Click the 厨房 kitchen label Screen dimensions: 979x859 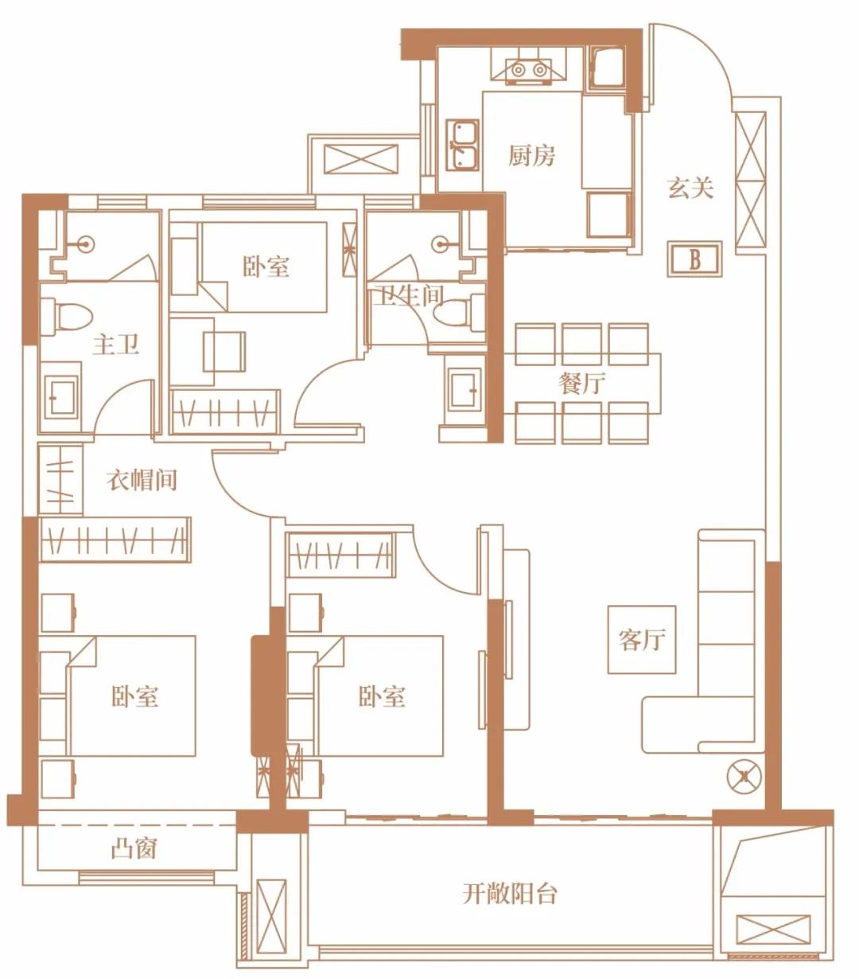(531, 156)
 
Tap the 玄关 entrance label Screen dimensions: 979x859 (690, 188)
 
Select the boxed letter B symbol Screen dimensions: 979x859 (694, 259)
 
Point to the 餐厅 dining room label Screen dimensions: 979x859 (581, 384)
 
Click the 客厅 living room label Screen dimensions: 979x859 (641, 639)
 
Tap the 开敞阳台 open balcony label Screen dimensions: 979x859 (510, 894)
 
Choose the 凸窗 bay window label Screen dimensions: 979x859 (134, 849)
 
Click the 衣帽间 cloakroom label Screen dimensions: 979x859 (142, 480)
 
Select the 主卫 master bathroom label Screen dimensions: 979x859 (116, 345)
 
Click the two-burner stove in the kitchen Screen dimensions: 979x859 (529, 70)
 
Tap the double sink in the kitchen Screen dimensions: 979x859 (462, 145)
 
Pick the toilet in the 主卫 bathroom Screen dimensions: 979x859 (67, 314)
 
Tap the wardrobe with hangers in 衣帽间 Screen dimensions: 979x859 (115, 540)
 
